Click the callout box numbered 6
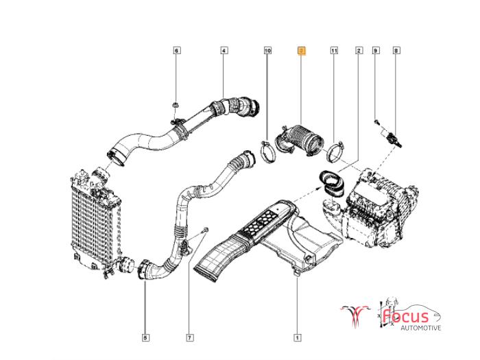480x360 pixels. (176, 51)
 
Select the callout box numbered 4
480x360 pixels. (224, 51)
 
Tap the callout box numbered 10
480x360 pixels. (267, 51)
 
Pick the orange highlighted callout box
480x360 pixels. (301, 51)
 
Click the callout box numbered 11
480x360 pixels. (334, 51)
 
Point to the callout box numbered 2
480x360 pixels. (359, 51)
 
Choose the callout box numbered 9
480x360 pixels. (376, 51)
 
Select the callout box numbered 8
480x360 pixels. (396, 51)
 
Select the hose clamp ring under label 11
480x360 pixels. (334, 149)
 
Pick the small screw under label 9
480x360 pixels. (376, 121)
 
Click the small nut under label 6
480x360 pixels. (176, 106)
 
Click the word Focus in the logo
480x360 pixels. (405, 316)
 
